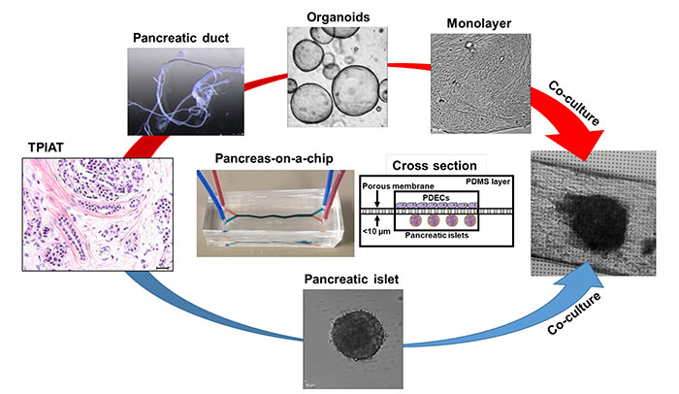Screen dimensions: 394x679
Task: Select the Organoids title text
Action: click(332, 15)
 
